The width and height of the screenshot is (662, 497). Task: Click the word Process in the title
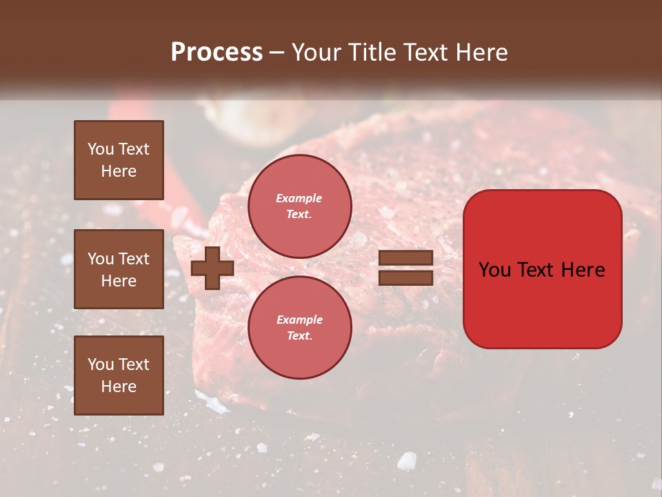pyautogui.click(x=217, y=52)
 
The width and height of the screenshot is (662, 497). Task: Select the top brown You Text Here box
pyautogui.click(x=119, y=160)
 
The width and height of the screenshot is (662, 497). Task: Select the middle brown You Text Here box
pyautogui.click(x=119, y=269)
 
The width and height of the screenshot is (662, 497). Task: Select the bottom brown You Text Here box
pyautogui.click(x=119, y=375)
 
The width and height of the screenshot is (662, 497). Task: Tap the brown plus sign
pyautogui.click(x=212, y=269)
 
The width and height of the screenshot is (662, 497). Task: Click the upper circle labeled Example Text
pyautogui.click(x=299, y=206)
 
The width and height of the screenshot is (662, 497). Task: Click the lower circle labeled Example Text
pyautogui.click(x=299, y=328)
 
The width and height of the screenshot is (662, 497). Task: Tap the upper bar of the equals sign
pyautogui.click(x=406, y=258)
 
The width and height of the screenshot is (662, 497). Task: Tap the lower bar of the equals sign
pyautogui.click(x=406, y=278)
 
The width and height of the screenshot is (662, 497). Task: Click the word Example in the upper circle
pyautogui.click(x=299, y=198)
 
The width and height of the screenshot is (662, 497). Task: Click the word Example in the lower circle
pyautogui.click(x=299, y=320)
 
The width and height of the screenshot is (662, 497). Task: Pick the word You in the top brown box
pyautogui.click(x=100, y=149)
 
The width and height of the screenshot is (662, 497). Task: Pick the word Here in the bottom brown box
pyautogui.click(x=119, y=387)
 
